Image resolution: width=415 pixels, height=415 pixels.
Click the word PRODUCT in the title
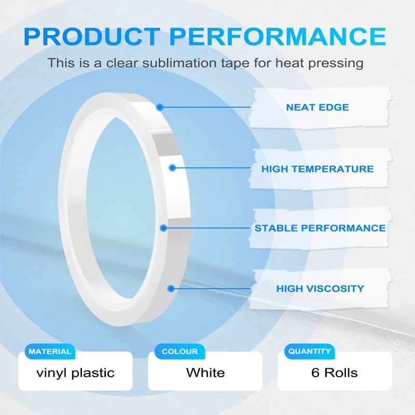pos(92,36)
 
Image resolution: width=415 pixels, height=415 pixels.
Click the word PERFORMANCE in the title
pos(278,36)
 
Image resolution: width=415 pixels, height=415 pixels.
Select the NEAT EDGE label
pos(317,107)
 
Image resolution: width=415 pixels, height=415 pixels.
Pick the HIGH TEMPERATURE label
pos(317,169)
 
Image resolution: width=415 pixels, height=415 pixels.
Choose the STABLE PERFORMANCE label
pos(320,228)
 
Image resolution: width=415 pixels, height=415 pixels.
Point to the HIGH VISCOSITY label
pos(320,288)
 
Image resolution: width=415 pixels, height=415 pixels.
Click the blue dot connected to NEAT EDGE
pos(160,107)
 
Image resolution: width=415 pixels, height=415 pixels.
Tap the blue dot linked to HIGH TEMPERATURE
pos(173,168)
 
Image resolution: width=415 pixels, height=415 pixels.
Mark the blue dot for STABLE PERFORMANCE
pos(163,228)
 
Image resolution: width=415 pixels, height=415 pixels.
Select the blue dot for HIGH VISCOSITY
pos(171,288)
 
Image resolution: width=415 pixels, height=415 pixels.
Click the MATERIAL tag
pos(50,352)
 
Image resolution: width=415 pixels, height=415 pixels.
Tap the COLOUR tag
pos(179,352)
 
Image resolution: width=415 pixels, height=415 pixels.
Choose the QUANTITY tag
pos(309,351)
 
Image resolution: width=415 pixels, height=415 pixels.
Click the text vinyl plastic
pos(75,373)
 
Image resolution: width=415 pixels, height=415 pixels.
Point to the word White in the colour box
pos(205,372)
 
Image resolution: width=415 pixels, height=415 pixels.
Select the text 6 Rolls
pos(335,372)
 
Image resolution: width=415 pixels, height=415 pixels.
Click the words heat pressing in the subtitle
pos(320,63)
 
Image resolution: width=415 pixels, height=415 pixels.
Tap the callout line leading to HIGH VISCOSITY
pos(211,288)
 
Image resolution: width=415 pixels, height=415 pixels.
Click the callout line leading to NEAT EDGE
pos(205,107)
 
